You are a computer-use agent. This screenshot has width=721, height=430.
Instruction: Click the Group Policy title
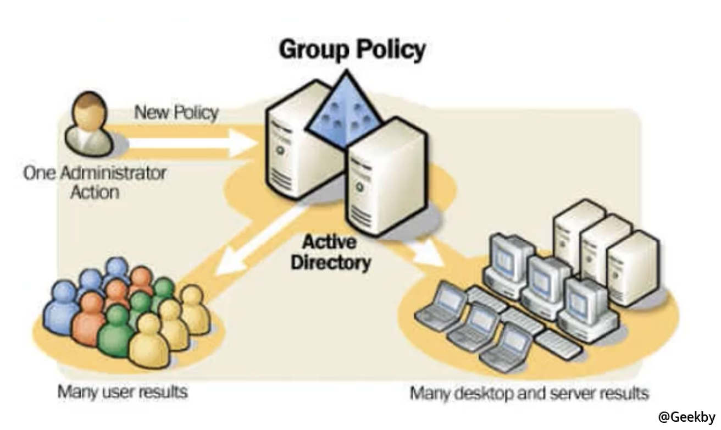click(x=352, y=50)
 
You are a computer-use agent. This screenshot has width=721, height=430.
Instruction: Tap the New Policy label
click(x=176, y=113)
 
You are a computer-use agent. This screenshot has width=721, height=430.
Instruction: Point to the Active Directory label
click(x=330, y=252)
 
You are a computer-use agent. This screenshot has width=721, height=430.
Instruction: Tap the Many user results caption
click(x=123, y=392)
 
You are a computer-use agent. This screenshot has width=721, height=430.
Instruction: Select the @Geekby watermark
click(x=687, y=417)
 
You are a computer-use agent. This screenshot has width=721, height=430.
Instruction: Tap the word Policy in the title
click(x=392, y=50)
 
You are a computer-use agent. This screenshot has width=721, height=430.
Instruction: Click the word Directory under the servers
click(x=330, y=262)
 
